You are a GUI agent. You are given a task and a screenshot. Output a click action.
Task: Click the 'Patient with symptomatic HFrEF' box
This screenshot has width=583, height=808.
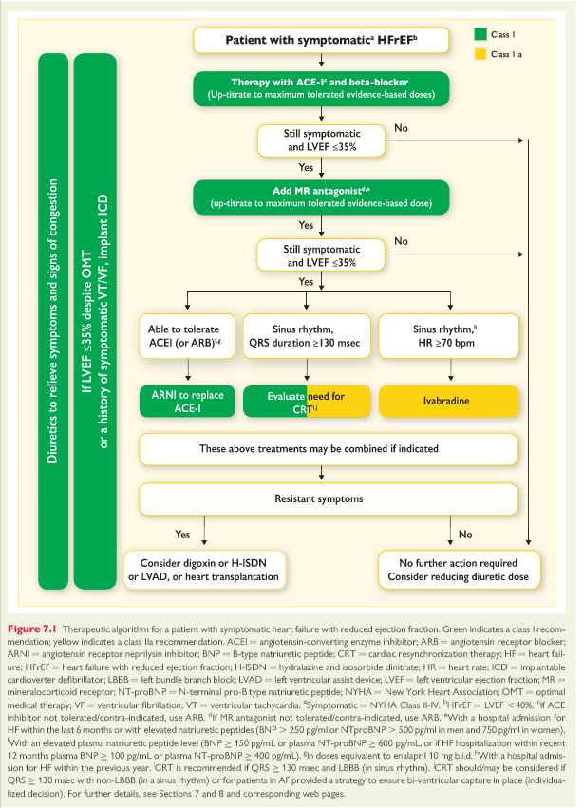pyautogui.click(x=320, y=41)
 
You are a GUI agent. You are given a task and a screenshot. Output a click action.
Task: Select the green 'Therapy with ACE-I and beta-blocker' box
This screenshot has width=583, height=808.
pyautogui.click(x=319, y=90)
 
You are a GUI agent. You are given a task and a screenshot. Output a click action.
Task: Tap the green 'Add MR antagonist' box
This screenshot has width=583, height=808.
pyautogui.click(x=319, y=197)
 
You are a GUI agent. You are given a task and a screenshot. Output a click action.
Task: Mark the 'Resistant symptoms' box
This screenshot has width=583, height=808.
pyautogui.click(x=319, y=498)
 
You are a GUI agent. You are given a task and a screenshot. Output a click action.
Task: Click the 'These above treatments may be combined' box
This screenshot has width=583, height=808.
pyautogui.click(x=319, y=447)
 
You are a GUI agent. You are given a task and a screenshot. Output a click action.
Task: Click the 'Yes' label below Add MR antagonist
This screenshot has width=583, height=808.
pyautogui.click(x=306, y=225)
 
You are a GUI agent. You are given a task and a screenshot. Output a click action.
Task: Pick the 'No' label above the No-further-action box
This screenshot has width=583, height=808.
pyautogui.click(x=465, y=535)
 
